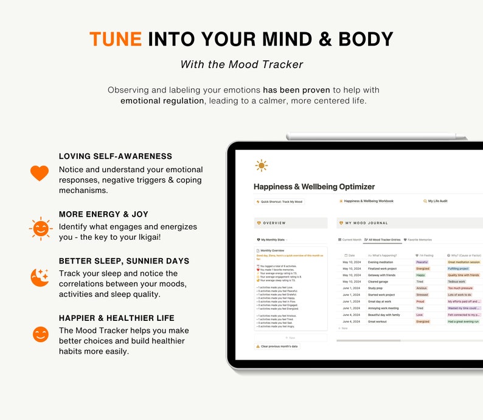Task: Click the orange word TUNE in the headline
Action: coord(116,39)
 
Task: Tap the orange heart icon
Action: coord(40,173)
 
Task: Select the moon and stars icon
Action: coord(40,277)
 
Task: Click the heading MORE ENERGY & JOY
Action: coord(103,214)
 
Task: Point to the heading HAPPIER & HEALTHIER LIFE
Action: coord(116,318)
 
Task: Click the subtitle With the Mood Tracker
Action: coord(241,65)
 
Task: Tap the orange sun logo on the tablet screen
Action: coord(262,166)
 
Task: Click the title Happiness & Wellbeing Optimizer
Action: coord(314,187)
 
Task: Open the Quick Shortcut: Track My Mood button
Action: coord(279,201)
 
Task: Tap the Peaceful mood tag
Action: coord(422,262)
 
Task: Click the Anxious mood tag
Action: coord(422,289)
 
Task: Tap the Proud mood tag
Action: coord(420,301)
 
